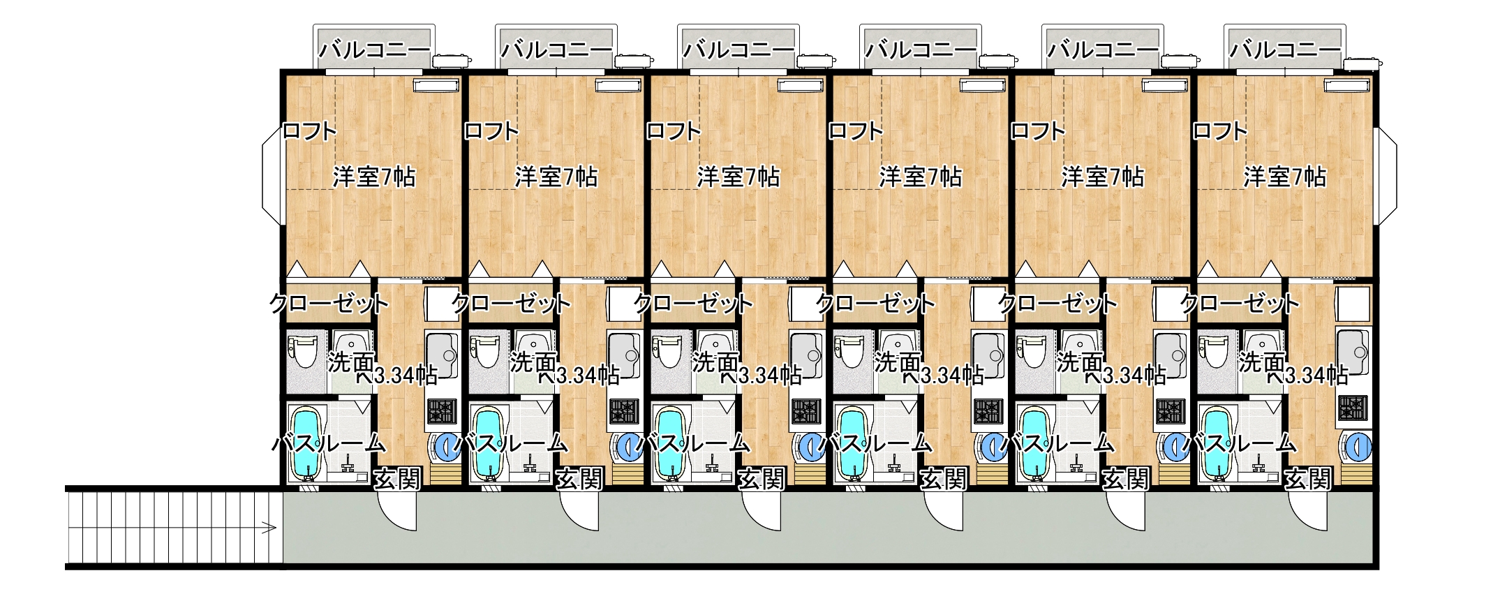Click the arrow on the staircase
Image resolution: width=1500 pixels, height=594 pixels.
tap(266, 528)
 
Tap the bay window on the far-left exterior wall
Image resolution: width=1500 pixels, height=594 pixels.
tap(272, 177)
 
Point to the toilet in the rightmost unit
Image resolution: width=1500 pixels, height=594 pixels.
tap(1214, 351)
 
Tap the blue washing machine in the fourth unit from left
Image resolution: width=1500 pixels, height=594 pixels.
tap(993, 445)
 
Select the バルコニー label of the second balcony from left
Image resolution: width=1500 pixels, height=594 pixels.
tap(556, 50)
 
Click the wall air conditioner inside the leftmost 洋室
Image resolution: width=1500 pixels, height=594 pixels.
tap(436, 85)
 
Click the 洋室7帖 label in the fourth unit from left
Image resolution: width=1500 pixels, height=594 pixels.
tap(920, 177)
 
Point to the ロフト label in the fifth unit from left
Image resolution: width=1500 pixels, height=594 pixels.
tap(1038, 131)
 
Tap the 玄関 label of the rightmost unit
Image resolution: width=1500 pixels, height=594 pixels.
tap(1308, 479)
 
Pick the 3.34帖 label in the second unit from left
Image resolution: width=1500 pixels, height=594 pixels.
tap(588, 376)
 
